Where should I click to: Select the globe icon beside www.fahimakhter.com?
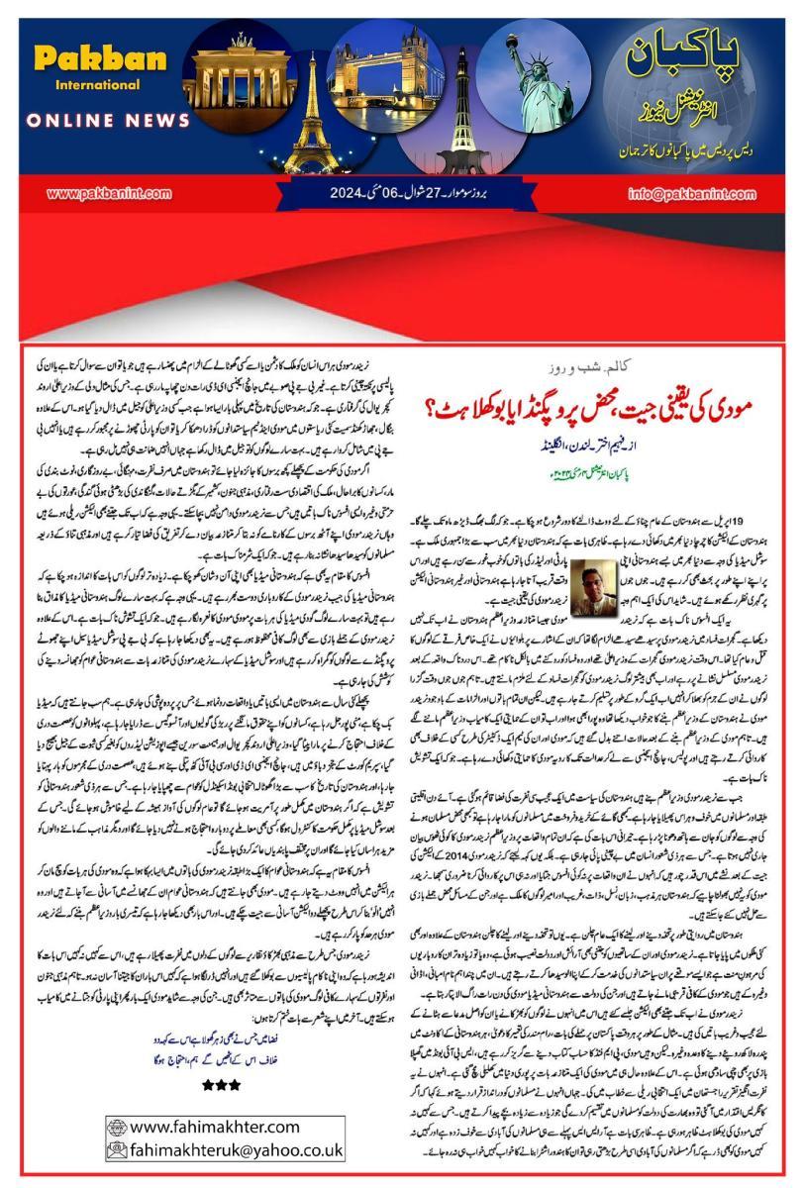[x=118, y=1126]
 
